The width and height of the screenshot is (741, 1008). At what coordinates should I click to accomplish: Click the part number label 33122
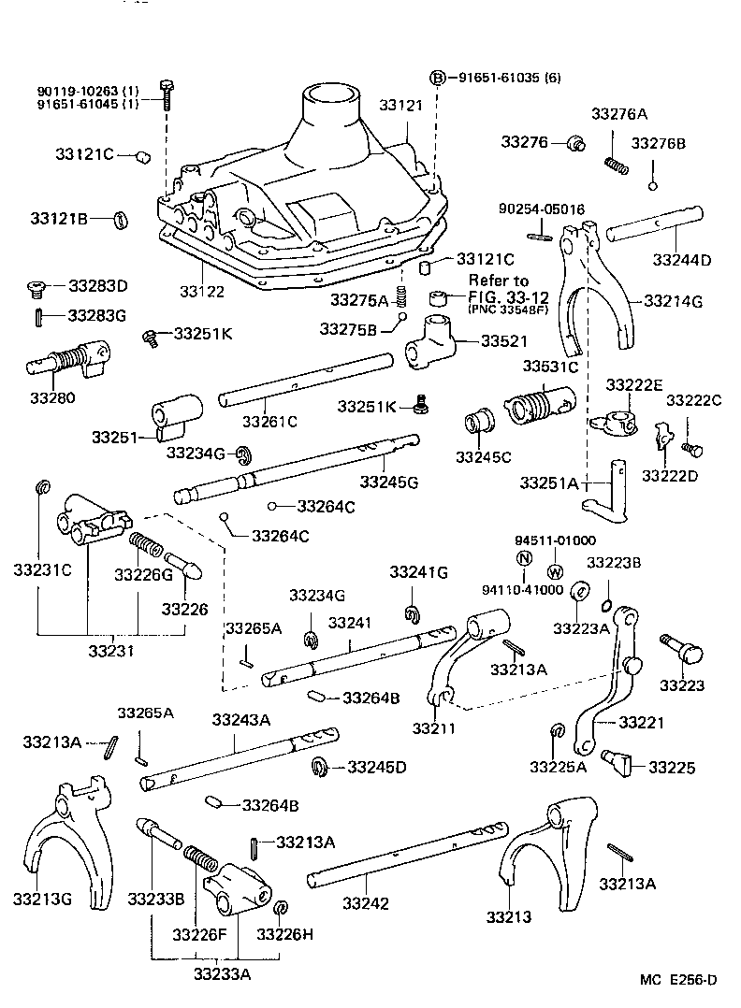pyautogui.click(x=201, y=292)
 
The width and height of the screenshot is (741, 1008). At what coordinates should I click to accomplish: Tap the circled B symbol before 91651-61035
pyautogui.click(x=436, y=77)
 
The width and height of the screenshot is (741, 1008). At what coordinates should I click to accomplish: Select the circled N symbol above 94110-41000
pyautogui.click(x=525, y=559)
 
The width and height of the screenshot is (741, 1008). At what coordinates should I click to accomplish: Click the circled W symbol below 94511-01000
pyautogui.click(x=554, y=572)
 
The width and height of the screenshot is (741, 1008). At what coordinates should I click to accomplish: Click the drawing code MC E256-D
pyautogui.click(x=678, y=979)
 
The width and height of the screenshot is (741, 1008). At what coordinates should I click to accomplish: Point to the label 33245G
pyautogui.click(x=388, y=481)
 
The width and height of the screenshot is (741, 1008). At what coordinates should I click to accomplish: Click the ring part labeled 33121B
pyautogui.click(x=121, y=220)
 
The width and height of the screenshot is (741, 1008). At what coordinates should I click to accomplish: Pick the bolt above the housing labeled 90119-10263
pyautogui.click(x=167, y=94)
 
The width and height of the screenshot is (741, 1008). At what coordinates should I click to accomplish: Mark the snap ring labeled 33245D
pyautogui.click(x=319, y=766)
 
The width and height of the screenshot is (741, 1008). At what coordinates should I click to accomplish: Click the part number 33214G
pyautogui.click(x=672, y=300)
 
